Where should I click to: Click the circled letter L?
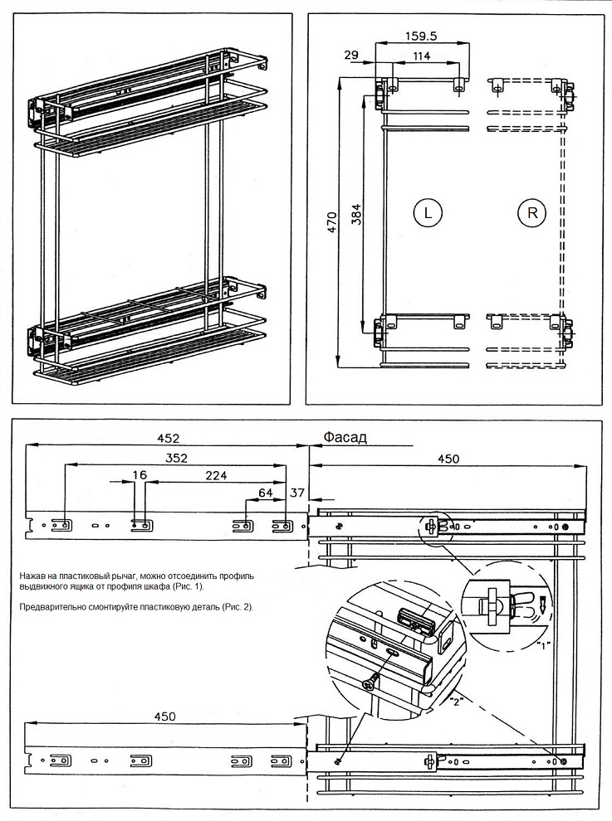click(427, 212)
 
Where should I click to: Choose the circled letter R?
click(532, 212)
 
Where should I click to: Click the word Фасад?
click(345, 438)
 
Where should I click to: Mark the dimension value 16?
click(140, 476)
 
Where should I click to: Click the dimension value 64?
click(265, 493)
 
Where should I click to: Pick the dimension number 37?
click(297, 493)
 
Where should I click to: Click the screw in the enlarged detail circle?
click(369, 682)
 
